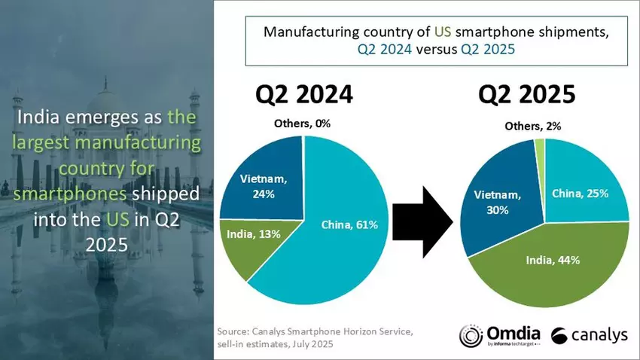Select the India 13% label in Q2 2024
[x=254, y=234]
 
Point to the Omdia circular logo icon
[x=472, y=336]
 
